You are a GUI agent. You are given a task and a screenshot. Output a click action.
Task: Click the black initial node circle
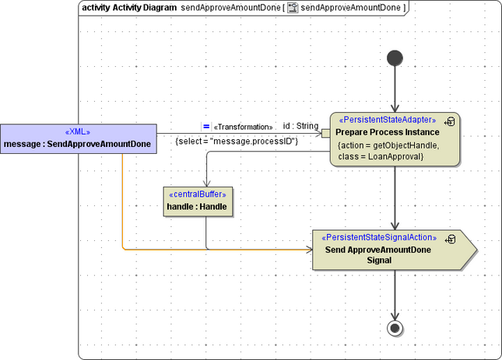click(x=395, y=58)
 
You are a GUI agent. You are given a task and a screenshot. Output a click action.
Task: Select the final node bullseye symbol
click(x=395, y=327)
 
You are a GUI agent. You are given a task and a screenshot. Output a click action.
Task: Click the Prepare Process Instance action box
click(x=395, y=139)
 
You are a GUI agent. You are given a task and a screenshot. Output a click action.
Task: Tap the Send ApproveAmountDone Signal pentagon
click(x=389, y=250)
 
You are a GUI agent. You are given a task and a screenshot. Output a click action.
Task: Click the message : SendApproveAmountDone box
click(x=77, y=138)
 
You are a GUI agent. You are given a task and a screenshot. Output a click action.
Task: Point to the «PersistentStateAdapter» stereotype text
click(x=388, y=120)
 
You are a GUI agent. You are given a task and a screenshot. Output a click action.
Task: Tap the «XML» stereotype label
click(x=77, y=132)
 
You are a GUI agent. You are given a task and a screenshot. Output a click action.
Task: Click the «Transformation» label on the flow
click(x=243, y=127)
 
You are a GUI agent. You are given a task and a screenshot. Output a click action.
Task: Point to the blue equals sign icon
click(x=206, y=126)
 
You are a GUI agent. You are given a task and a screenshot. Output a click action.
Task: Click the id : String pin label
click(x=300, y=126)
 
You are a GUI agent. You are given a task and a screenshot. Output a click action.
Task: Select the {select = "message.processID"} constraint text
click(x=237, y=141)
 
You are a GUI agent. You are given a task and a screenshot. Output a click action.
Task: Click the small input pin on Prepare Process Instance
click(x=326, y=134)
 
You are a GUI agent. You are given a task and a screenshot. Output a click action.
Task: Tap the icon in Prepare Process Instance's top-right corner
click(x=450, y=121)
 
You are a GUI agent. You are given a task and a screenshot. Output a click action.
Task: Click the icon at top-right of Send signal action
click(x=450, y=239)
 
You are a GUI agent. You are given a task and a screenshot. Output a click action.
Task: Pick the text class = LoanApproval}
click(x=381, y=156)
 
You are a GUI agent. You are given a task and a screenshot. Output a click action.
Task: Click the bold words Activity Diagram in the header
click(x=144, y=7)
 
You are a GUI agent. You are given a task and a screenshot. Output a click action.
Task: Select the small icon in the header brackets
click(x=292, y=7)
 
